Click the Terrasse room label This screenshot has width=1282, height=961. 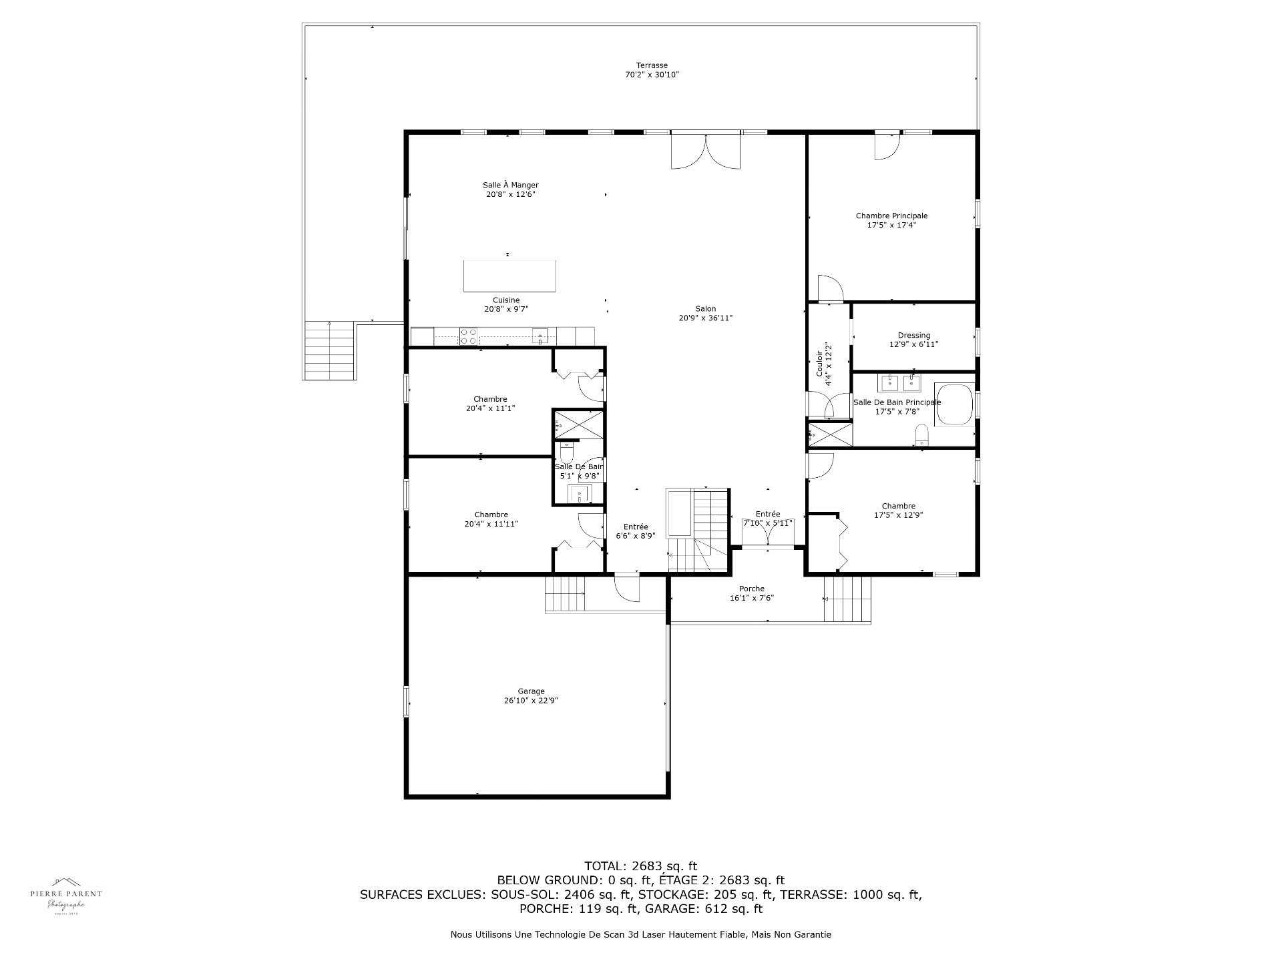tap(652, 65)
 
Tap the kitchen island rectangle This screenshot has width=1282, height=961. tap(510, 276)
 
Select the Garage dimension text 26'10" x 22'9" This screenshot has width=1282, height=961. tap(531, 701)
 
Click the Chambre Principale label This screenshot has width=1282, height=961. tap(891, 216)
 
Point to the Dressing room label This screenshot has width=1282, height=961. tap(913, 336)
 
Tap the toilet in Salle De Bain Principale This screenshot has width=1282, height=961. tap(921, 435)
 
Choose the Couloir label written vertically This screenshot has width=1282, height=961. tap(825, 364)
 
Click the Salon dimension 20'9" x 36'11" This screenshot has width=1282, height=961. tap(705, 318)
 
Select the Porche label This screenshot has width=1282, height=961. tap(752, 589)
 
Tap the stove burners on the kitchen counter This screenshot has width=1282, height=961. tap(468, 336)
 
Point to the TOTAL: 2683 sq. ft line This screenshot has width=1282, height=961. tap(640, 866)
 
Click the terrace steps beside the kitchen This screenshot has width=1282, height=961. tap(329, 350)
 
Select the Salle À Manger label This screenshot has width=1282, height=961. tap(511, 185)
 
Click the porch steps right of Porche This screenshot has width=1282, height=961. tap(847, 599)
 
